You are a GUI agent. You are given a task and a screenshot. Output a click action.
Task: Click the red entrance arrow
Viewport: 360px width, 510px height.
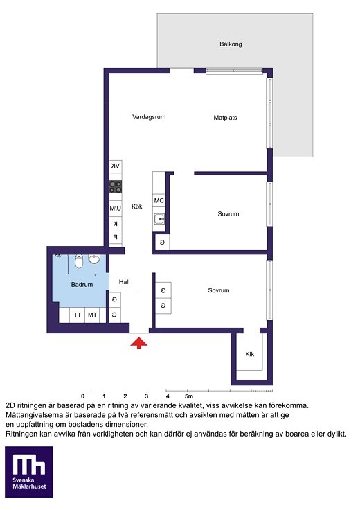tap(139, 343)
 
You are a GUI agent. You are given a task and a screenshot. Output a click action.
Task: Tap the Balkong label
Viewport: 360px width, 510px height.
tap(231, 44)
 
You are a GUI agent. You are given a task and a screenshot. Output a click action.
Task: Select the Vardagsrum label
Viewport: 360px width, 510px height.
tap(149, 117)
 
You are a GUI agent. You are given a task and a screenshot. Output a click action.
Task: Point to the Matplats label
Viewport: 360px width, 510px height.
tap(225, 118)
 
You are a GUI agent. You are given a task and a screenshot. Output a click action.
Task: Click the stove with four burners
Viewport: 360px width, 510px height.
tap(116, 187)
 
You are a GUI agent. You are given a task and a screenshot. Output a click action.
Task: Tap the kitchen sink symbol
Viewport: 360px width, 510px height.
tap(159, 219)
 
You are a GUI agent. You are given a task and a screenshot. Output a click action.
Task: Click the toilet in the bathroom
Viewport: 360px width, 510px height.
tap(79, 261)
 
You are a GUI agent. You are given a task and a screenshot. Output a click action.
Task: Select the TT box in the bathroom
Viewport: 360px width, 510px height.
tap(78, 315)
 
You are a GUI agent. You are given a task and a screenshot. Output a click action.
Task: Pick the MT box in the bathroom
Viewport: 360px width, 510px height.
tap(92, 315)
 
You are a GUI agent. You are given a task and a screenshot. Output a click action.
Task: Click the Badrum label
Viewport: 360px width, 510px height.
tap(82, 285)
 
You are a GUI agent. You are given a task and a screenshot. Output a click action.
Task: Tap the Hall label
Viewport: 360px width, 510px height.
tap(124, 282)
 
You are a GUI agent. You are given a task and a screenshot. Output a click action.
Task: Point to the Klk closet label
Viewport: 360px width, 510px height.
tap(249, 354)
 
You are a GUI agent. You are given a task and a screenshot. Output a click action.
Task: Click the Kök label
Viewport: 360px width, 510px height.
tap(137, 206)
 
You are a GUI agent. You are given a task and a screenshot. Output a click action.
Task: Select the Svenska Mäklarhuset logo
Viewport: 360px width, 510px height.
tap(29, 472)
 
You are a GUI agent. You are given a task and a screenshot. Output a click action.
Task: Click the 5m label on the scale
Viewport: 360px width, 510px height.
tap(189, 396)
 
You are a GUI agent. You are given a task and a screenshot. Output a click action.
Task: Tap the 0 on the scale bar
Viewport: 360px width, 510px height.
tap(83, 396)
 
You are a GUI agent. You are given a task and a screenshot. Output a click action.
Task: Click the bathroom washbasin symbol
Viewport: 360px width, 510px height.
tap(94, 260)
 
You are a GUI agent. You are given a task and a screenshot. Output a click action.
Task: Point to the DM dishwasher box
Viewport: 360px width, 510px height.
tap(159, 200)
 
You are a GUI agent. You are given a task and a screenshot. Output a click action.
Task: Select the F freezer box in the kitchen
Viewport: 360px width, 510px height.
tap(116, 237)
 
